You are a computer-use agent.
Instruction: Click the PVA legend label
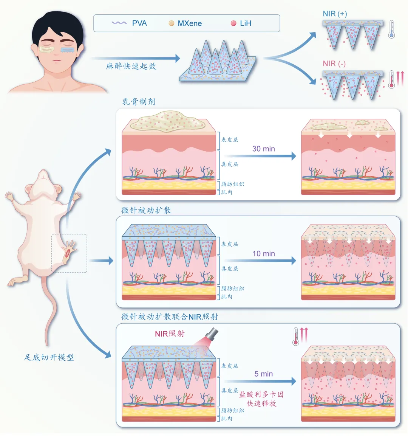(x=139, y=23)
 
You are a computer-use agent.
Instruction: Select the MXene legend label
(x=190, y=23)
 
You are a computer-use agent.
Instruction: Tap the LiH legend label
(x=246, y=23)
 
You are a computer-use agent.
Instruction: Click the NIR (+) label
(x=335, y=14)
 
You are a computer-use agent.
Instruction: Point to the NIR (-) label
(x=334, y=64)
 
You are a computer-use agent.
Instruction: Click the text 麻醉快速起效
(x=131, y=66)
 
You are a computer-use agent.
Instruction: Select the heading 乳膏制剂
(x=139, y=102)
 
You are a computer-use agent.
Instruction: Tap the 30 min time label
(x=264, y=149)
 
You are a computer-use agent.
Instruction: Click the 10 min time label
(x=264, y=254)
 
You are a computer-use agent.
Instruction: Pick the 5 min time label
(x=264, y=374)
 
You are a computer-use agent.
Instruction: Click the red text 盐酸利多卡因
(x=261, y=394)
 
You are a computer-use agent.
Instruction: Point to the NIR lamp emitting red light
(x=212, y=335)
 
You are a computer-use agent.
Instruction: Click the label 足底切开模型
(x=49, y=357)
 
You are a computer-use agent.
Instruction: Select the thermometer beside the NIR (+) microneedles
(x=391, y=29)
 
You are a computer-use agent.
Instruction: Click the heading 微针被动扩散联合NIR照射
(x=170, y=317)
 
